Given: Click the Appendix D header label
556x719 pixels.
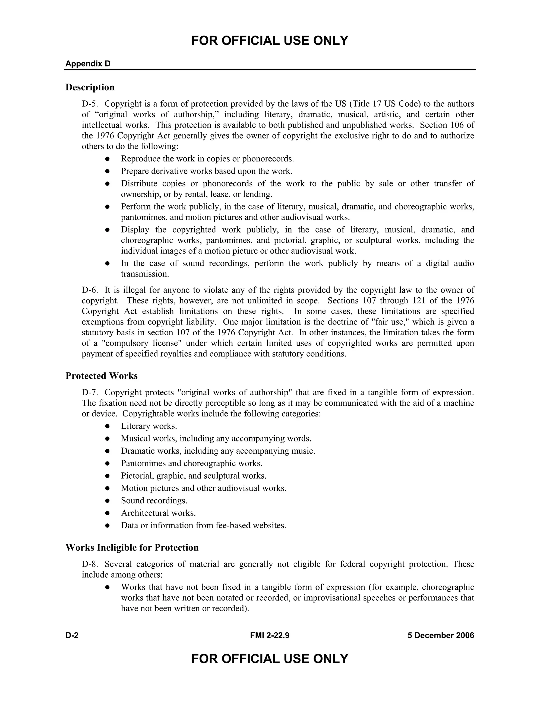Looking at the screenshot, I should (x=88, y=63).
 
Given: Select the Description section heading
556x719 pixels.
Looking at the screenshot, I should (x=90, y=87).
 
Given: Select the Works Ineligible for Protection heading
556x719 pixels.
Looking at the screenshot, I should (x=132, y=548).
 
